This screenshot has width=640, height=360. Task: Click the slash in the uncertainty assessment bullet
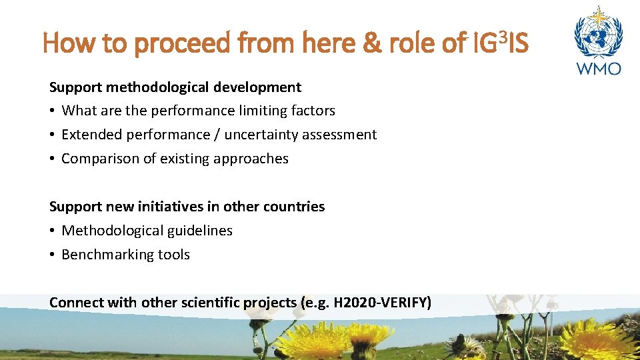[x=217, y=135]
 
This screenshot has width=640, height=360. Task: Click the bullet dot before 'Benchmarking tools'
[x=53, y=255]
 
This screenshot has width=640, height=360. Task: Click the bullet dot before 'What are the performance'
[x=53, y=111]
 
